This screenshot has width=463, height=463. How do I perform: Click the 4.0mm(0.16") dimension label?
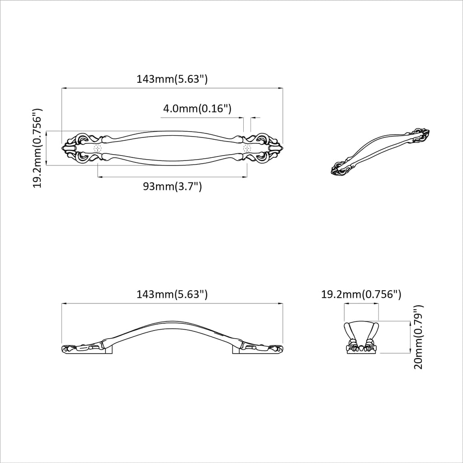click(197, 109)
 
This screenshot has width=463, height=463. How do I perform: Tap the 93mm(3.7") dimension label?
click(172, 186)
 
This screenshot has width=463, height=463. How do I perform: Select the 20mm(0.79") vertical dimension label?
click(418, 337)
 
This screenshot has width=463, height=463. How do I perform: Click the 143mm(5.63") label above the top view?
click(172, 79)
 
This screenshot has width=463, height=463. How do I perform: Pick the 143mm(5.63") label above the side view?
click(172, 294)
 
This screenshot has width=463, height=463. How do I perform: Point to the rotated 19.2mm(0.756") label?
click(38, 148)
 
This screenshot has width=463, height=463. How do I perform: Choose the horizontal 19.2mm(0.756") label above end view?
click(361, 294)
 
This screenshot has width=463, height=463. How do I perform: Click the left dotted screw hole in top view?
click(98, 148)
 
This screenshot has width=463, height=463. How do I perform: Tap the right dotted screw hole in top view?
click(247, 148)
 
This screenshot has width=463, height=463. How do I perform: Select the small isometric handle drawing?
click(380, 152)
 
